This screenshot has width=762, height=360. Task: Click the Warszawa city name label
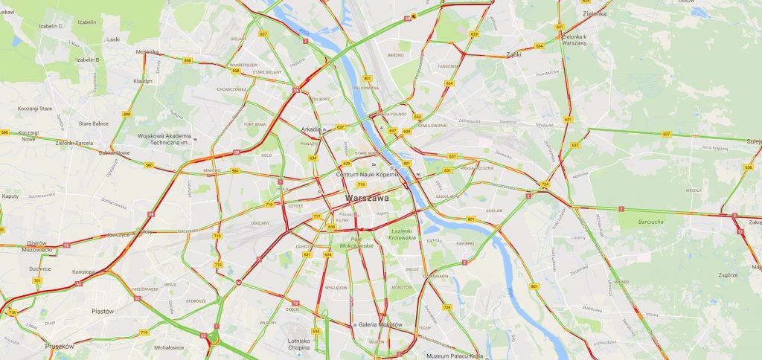367,198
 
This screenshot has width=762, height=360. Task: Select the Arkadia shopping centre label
310,129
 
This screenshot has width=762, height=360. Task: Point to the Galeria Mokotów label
380,324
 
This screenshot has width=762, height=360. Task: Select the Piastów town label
102,311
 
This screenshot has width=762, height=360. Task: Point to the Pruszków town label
60,346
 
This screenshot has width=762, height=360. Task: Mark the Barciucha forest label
638,221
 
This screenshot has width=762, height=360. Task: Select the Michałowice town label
169,347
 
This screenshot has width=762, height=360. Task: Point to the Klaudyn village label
142,80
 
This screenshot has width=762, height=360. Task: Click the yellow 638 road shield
748,167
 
